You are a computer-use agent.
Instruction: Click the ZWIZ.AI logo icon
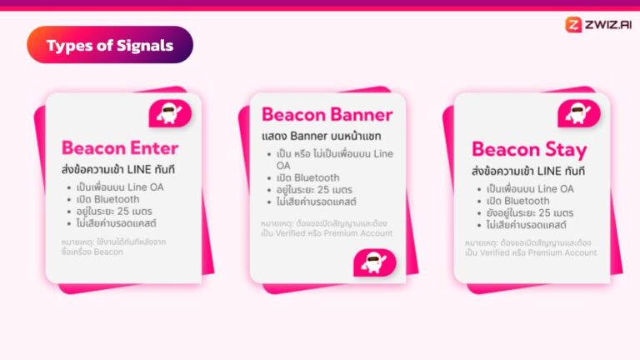tap(573, 24)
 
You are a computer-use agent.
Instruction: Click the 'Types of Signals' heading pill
tap(110, 45)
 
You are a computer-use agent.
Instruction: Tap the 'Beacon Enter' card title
tap(120, 149)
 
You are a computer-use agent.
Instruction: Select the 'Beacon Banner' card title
tap(327, 115)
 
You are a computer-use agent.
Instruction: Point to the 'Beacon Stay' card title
tap(529, 150)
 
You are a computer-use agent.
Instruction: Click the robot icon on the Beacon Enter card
tap(170, 113)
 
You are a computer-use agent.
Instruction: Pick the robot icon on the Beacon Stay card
tap(579, 113)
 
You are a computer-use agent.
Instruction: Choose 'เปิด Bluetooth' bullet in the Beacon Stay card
tap(517, 201)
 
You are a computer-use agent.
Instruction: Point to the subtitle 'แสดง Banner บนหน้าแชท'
tap(321, 135)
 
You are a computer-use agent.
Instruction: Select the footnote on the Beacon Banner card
tap(326, 228)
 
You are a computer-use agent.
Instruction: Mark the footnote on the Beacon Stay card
tap(531, 247)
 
